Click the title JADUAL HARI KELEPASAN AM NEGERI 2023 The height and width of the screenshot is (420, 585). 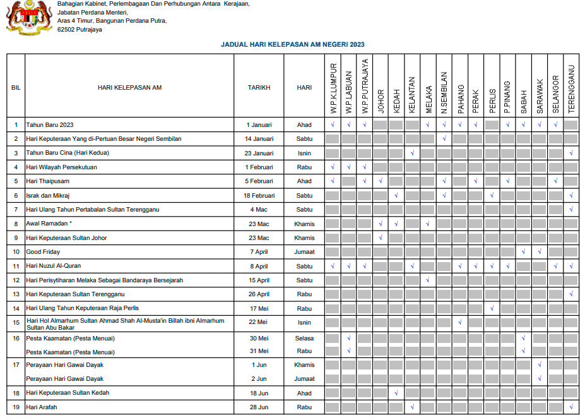pyautogui.click(x=292, y=45)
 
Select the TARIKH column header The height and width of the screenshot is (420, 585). pyautogui.click(x=259, y=88)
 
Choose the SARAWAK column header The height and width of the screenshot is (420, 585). pyautogui.click(x=540, y=96)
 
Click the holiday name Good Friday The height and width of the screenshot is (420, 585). pyautogui.click(x=43, y=252)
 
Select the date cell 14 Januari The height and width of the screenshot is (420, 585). pyautogui.click(x=259, y=139)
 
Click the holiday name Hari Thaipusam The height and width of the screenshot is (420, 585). pyautogui.click(x=47, y=181)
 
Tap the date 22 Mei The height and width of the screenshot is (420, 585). pyautogui.click(x=259, y=323)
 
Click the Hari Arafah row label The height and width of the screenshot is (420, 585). pyautogui.click(x=42, y=407)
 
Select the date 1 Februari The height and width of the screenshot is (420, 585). pyautogui.click(x=259, y=167)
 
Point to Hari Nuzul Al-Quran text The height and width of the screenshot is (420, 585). pyautogui.click(x=53, y=266)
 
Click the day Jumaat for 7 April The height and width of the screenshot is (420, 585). pyautogui.click(x=304, y=252)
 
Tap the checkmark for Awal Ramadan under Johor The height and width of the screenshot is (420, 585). pyautogui.click(x=381, y=224)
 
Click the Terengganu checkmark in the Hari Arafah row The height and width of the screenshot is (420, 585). pyautogui.click(x=571, y=407)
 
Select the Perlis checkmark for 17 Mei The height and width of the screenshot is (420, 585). pyautogui.click(x=492, y=309)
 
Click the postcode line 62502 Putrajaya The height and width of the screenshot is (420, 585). pyautogui.click(x=79, y=29)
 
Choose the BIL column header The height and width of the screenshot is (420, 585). pyautogui.click(x=16, y=88)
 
